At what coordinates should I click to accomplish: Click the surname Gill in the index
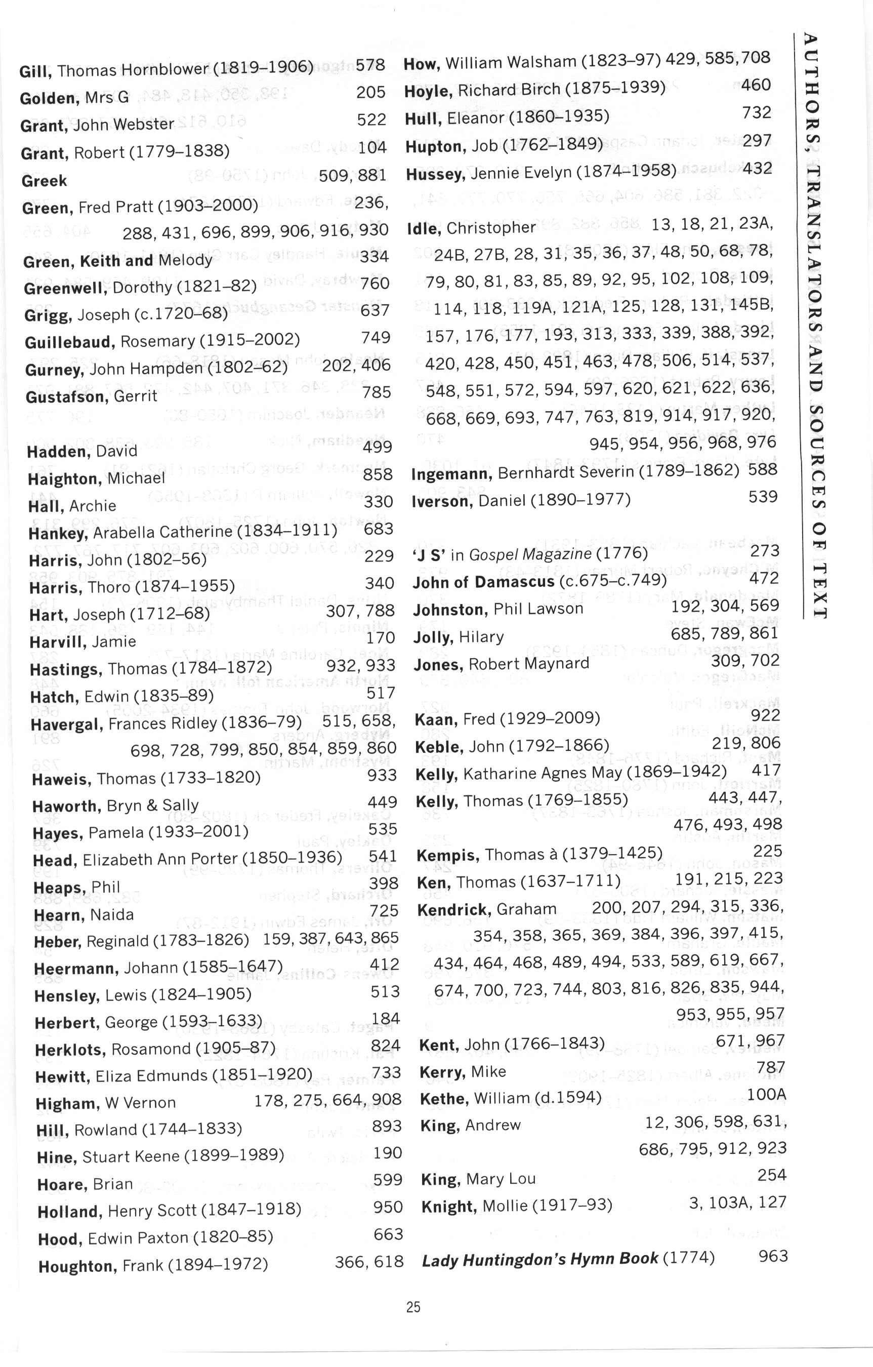click(36, 71)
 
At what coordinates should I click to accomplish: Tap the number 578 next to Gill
click(370, 65)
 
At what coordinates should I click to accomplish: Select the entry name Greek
click(44, 181)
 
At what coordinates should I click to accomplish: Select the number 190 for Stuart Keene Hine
click(387, 1153)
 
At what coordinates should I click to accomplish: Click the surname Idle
click(424, 229)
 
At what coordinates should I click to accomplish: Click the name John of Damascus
click(483, 582)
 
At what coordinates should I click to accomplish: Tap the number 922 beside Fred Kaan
click(765, 715)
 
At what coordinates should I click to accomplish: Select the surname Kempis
click(447, 855)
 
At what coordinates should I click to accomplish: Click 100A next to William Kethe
click(766, 1094)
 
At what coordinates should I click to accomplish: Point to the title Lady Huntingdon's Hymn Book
click(540, 1259)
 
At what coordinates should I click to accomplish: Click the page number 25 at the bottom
click(413, 1307)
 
